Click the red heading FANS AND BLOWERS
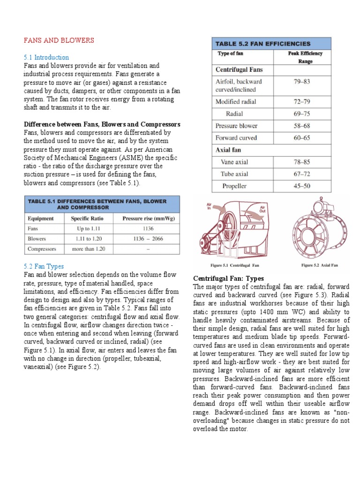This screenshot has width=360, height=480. coord(59,41)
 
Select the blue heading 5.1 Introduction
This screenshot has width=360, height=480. coord(46,57)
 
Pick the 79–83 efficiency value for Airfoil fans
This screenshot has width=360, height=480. coord(302,82)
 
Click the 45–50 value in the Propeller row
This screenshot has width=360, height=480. coord(302,186)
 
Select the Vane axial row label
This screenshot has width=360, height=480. coord(234,162)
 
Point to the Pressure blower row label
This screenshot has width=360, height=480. coord(236,126)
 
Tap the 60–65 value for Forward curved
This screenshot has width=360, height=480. coord(302,138)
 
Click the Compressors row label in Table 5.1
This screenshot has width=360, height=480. coord(42,249)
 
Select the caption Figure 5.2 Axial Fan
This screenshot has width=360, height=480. coord(319,265)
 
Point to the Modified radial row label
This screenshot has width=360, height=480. coord(236,101)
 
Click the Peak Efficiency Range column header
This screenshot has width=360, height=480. coord(305,57)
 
